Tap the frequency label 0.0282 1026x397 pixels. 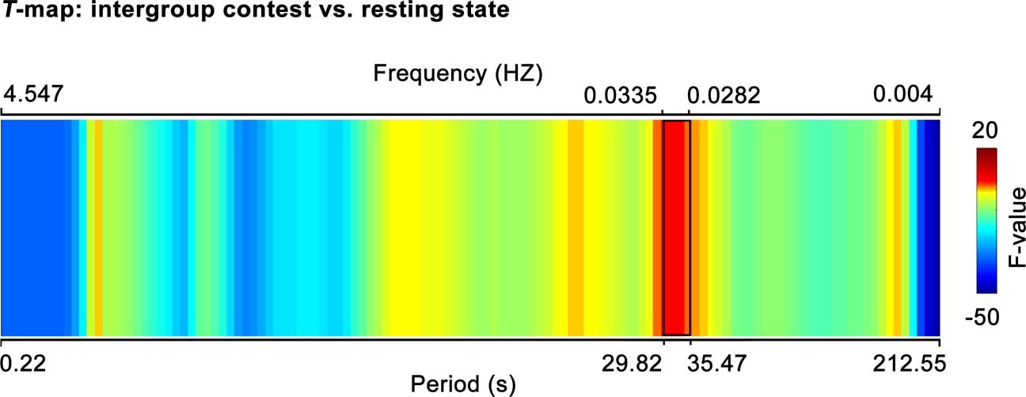[x=724, y=97]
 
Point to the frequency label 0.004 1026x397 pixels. [x=902, y=97]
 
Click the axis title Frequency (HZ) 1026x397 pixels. [x=458, y=74]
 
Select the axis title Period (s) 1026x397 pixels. [x=463, y=385]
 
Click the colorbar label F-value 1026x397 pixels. [x=1016, y=227]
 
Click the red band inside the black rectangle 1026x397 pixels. [x=676, y=228]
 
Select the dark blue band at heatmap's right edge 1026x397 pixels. [x=932, y=228]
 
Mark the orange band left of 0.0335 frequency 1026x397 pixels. [x=576, y=228]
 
